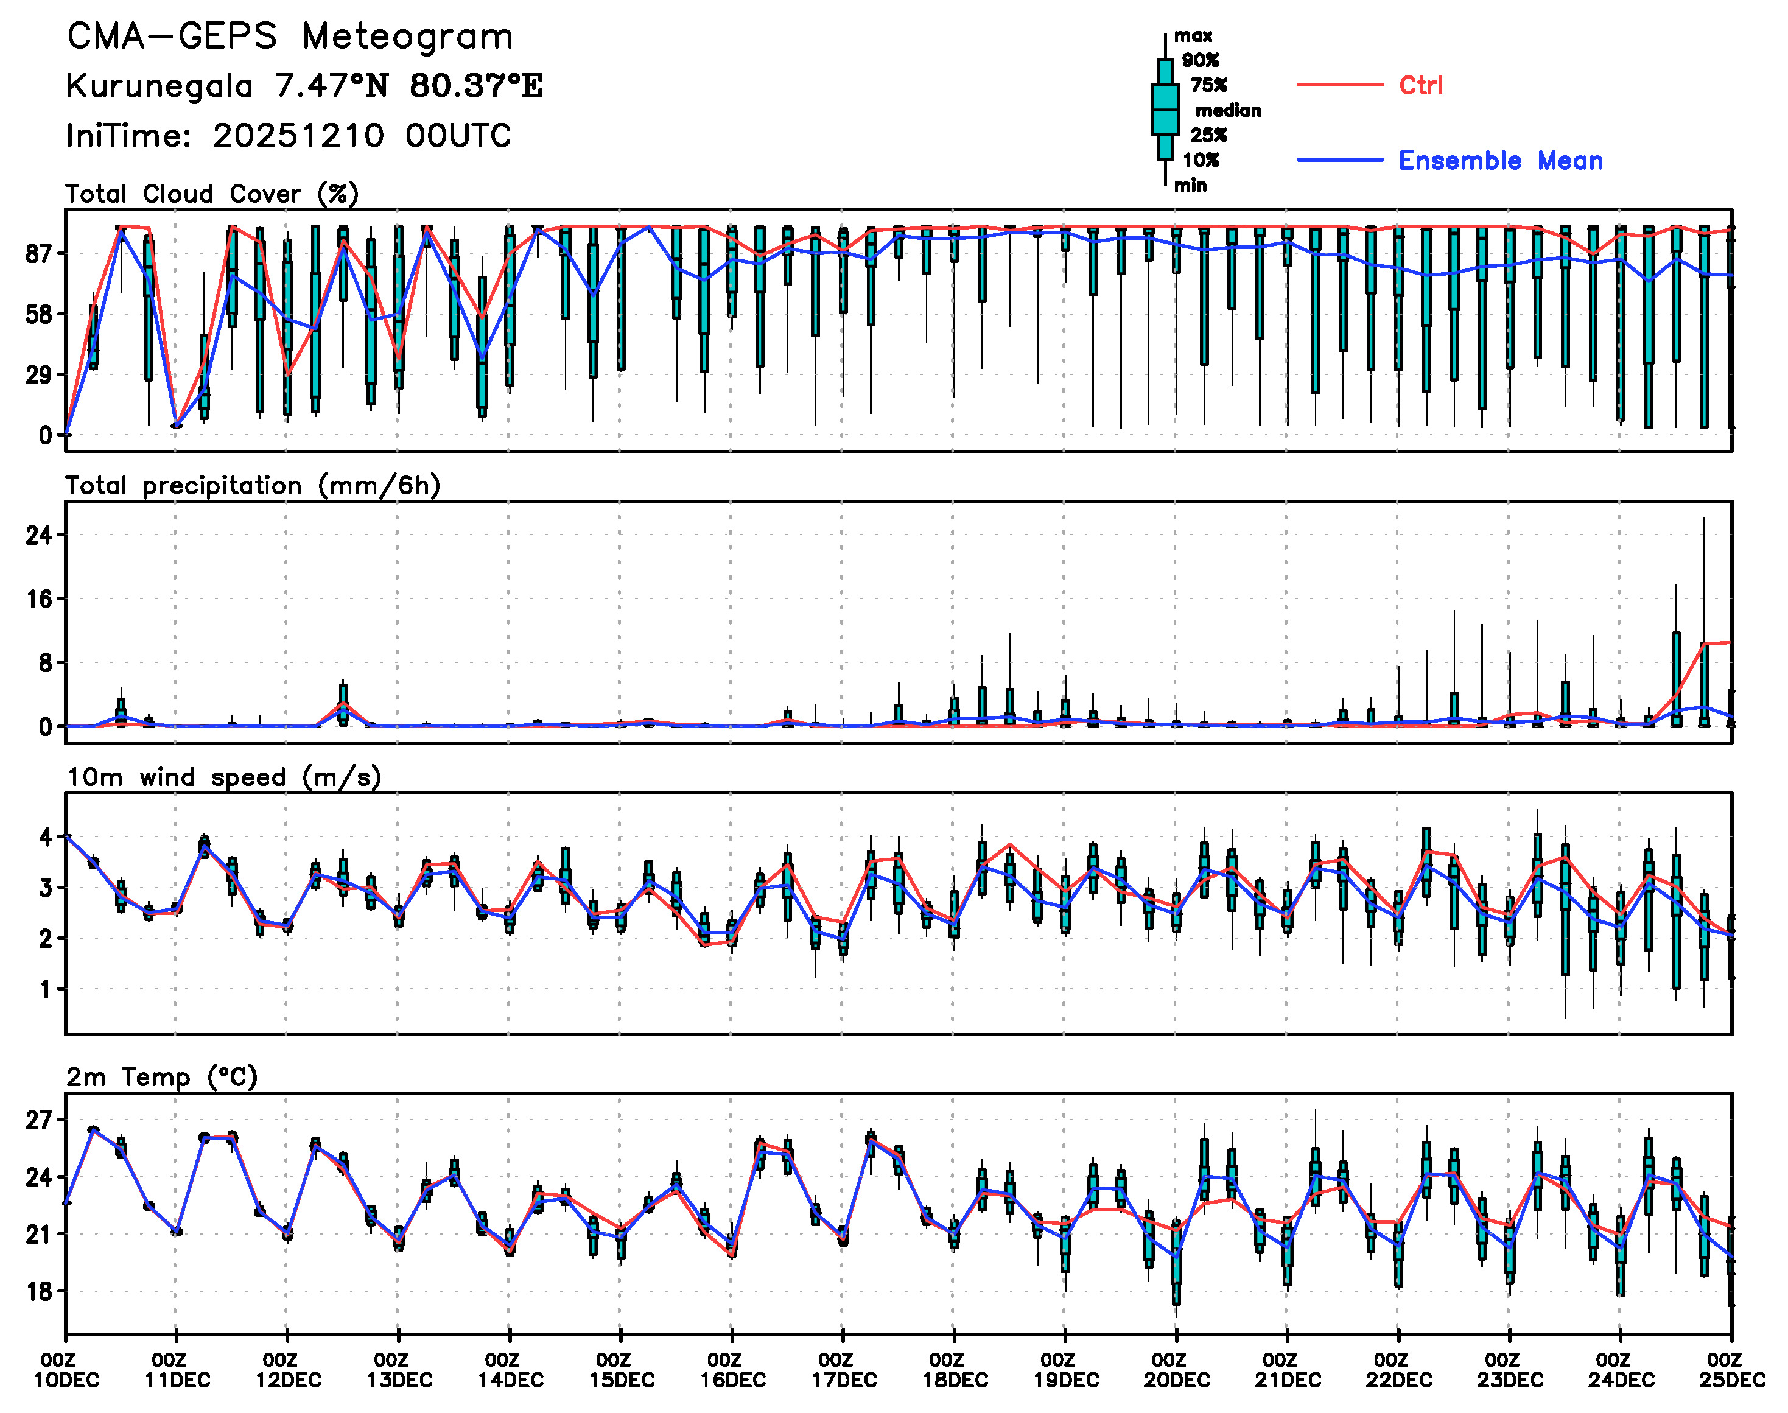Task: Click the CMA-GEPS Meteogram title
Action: click(x=290, y=37)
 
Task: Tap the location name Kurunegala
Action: click(x=160, y=86)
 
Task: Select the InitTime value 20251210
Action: click(x=298, y=136)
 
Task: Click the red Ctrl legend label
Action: click(x=1420, y=85)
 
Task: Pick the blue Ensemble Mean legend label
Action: click(x=1499, y=161)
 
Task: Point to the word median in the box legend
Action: click(x=1228, y=111)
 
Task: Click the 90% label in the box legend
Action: click(x=1200, y=60)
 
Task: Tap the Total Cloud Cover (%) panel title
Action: click(x=212, y=194)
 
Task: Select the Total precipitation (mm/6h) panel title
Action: click(x=253, y=486)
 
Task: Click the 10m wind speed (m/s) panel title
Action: click(x=223, y=777)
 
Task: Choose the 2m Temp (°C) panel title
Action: click(x=162, y=1077)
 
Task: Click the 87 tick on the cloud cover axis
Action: click(x=38, y=254)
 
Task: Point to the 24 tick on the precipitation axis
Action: click(x=38, y=536)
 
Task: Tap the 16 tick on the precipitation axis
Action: click(x=38, y=600)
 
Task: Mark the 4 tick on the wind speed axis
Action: click(x=46, y=837)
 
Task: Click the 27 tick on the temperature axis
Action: click(x=38, y=1121)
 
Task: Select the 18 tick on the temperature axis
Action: click(x=38, y=1292)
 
